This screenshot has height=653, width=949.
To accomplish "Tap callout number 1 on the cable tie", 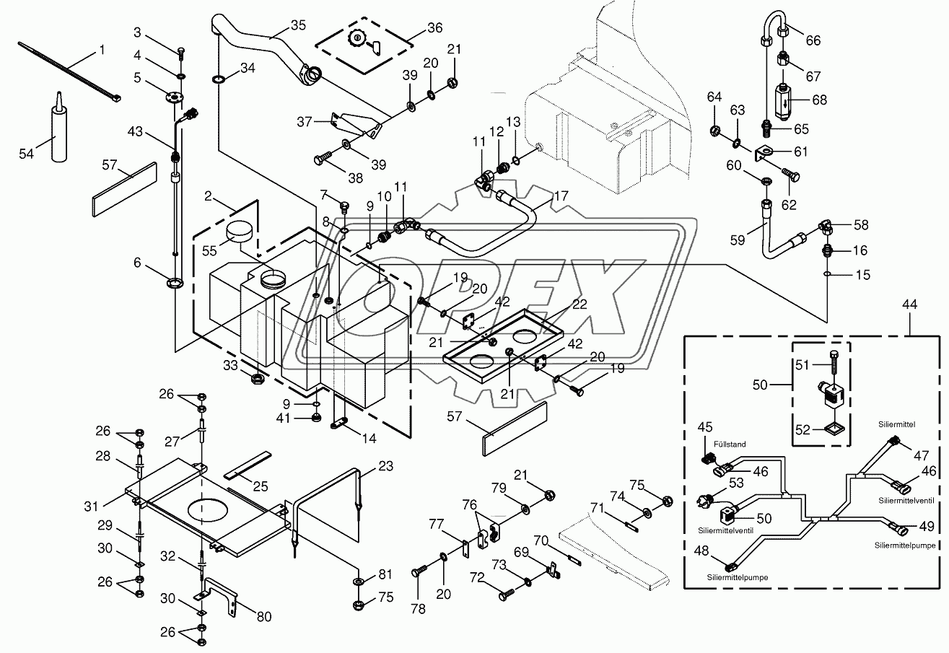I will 102,50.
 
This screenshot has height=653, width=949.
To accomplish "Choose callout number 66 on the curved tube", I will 813,40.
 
